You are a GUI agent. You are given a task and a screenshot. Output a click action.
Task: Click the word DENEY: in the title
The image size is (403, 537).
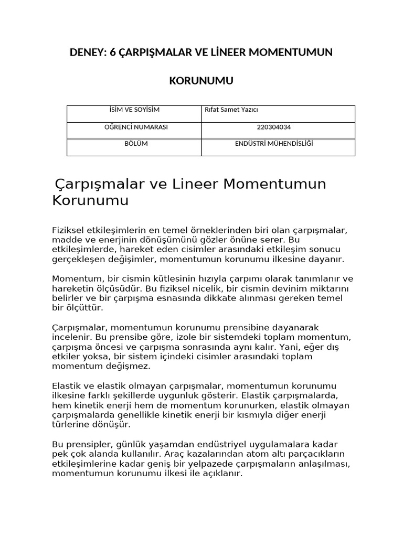tap(88, 52)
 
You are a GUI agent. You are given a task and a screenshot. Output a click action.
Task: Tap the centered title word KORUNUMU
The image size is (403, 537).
tap(201, 81)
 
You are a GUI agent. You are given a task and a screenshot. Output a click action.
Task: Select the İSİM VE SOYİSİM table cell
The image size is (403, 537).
tap(134, 110)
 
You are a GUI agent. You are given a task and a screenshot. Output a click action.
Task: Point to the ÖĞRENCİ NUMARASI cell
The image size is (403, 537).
tap(134, 127)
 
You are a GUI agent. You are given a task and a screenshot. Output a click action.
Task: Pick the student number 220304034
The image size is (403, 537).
tap(278, 127)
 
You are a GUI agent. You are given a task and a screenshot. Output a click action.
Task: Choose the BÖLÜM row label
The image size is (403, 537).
tap(134, 144)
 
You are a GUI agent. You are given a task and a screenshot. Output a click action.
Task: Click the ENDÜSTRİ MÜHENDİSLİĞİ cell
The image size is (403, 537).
tap(278, 144)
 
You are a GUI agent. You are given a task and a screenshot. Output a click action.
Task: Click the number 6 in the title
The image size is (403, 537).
tap(113, 52)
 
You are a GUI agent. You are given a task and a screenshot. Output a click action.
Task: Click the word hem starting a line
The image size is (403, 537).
tap(60, 405)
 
